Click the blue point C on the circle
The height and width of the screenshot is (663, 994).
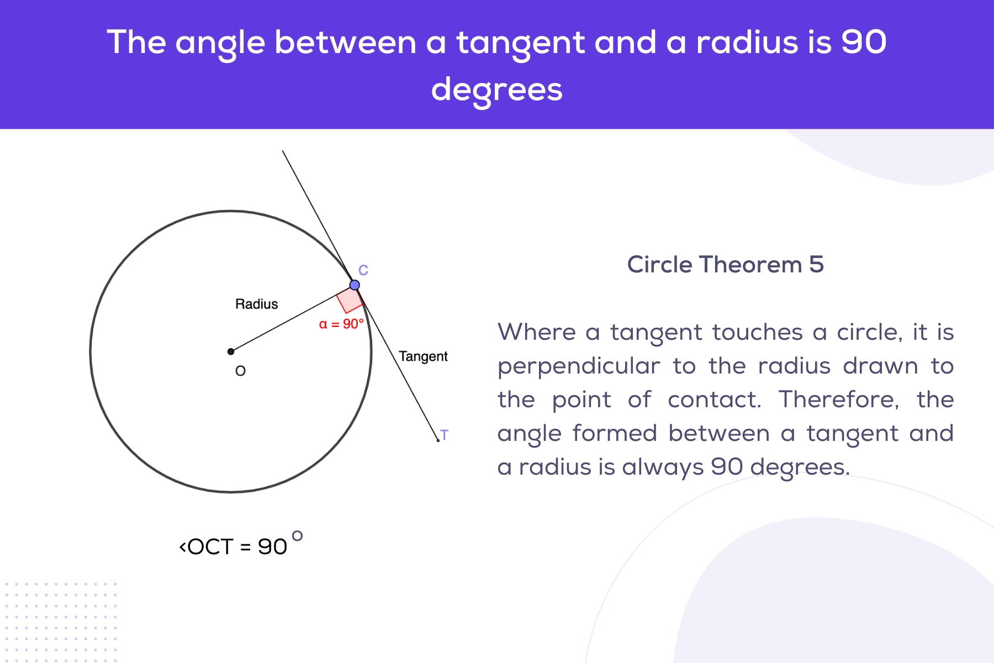point(355,285)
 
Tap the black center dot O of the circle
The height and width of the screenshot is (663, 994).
point(231,351)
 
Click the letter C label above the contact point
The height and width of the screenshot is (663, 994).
point(363,270)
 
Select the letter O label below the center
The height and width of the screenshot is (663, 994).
point(240,371)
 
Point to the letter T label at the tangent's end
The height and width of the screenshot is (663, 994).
point(445,435)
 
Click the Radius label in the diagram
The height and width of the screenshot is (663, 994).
point(256,304)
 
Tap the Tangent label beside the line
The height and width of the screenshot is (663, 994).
point(423,356)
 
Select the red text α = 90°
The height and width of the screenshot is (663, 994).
point(341,324)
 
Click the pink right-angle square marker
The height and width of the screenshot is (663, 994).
point(350,300)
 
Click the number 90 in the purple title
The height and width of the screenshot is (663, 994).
point(864,42)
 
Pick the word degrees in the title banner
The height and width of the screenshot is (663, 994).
point(496,90)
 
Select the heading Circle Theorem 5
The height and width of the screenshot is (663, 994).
point(725,265)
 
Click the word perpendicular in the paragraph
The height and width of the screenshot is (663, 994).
point(579,366)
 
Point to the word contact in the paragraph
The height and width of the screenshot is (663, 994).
point(714,399)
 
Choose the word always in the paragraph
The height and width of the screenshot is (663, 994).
point(663,467)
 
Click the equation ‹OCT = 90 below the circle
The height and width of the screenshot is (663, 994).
point(233,547)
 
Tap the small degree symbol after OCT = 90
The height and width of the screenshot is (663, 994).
point(297,535)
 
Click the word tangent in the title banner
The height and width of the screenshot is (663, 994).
point(520,43)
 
